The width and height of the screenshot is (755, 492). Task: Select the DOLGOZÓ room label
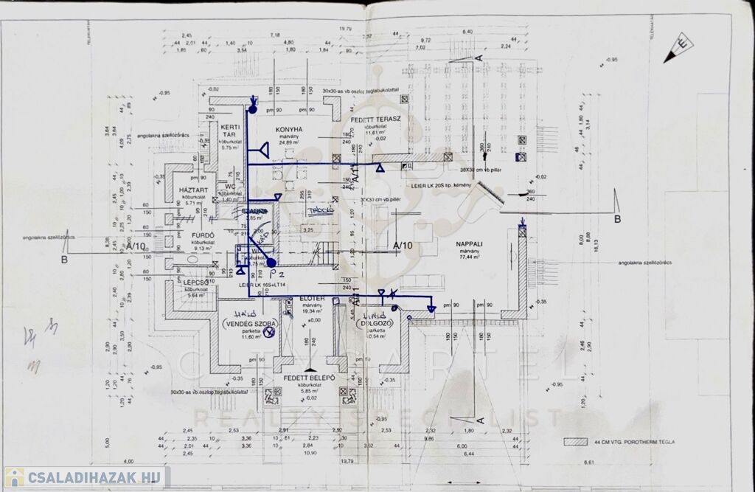(x=372, y=324)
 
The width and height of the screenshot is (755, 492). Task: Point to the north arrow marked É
(x=678, y=50)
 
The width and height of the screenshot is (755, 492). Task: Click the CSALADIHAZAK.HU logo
(x=85, y=477)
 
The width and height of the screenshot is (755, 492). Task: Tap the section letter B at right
(x=617, y=218)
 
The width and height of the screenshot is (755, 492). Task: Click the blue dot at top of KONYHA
(x=252, y=110)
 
